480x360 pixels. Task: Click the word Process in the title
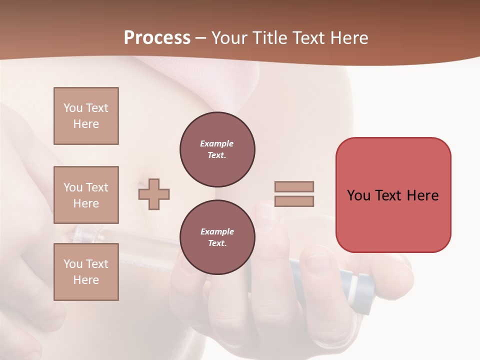coord(157,38)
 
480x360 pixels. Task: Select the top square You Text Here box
coord(86,116)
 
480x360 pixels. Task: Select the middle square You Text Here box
coord(86,195)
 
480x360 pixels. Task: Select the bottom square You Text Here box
coord(86,272)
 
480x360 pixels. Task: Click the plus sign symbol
coord(154,194)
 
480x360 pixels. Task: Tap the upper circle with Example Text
coord(217,149)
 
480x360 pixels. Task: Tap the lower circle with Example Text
coord(217,237)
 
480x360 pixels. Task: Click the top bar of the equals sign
coord(294,186)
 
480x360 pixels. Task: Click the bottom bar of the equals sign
coord(294,201)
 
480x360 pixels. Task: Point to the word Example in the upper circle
coord(217,143)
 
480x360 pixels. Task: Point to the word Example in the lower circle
coord(217,231)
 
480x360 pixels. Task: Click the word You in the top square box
coord(73,108)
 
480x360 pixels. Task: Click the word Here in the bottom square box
coord(86,280)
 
